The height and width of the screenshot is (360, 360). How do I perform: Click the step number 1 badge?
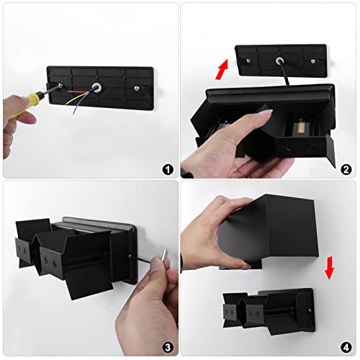(168, 169)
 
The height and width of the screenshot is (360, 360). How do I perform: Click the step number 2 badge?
(346, 169)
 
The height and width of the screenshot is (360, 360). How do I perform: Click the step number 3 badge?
(168, 347)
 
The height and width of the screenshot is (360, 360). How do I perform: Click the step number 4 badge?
(346, 347)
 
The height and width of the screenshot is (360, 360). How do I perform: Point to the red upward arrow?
(222, 70)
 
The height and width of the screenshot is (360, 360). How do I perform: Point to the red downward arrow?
(329, 268)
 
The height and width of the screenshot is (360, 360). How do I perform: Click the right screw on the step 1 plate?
(137, 89)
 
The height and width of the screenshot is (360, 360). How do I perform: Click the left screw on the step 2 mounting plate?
(248, 60)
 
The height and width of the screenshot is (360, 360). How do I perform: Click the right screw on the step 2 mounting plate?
(313, 61)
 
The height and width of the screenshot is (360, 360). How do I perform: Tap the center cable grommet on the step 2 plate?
(279, 60)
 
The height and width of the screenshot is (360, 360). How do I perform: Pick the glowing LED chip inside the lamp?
(300, 127)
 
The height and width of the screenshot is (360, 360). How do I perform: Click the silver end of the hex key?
(163, 256)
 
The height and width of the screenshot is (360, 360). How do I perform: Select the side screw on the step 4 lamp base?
(310, 310)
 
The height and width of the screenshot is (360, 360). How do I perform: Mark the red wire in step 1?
(78, 91)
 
